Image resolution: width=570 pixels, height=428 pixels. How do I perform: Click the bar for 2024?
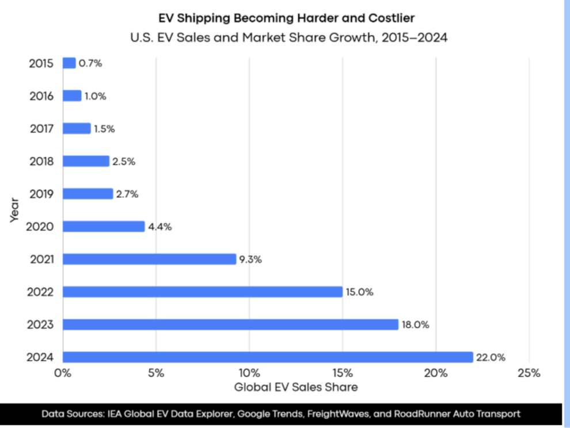pos(268,357)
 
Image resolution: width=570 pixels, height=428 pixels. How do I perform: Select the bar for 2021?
pos(149,259)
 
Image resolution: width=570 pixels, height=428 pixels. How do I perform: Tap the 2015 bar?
pos(69,63)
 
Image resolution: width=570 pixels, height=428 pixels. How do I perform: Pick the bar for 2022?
pos(203,292)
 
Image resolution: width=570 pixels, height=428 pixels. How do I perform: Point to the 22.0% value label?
pos(491,357)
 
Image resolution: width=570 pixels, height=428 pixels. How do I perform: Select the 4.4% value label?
pos(159,227)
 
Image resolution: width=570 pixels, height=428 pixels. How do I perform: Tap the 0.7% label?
pos(90,63)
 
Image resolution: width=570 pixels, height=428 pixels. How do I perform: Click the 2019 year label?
pos(41,194)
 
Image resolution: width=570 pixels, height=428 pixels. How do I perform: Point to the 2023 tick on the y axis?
pos(40,325)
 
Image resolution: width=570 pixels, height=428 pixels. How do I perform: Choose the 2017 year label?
pos(41,129)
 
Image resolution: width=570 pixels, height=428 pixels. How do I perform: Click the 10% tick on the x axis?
pos(249,373)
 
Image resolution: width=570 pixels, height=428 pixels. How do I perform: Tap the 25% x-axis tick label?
pos(529,373)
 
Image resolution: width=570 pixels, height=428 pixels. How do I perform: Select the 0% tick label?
pos(62,373)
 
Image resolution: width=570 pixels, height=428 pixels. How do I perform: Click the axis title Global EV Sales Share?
pos(295,387)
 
